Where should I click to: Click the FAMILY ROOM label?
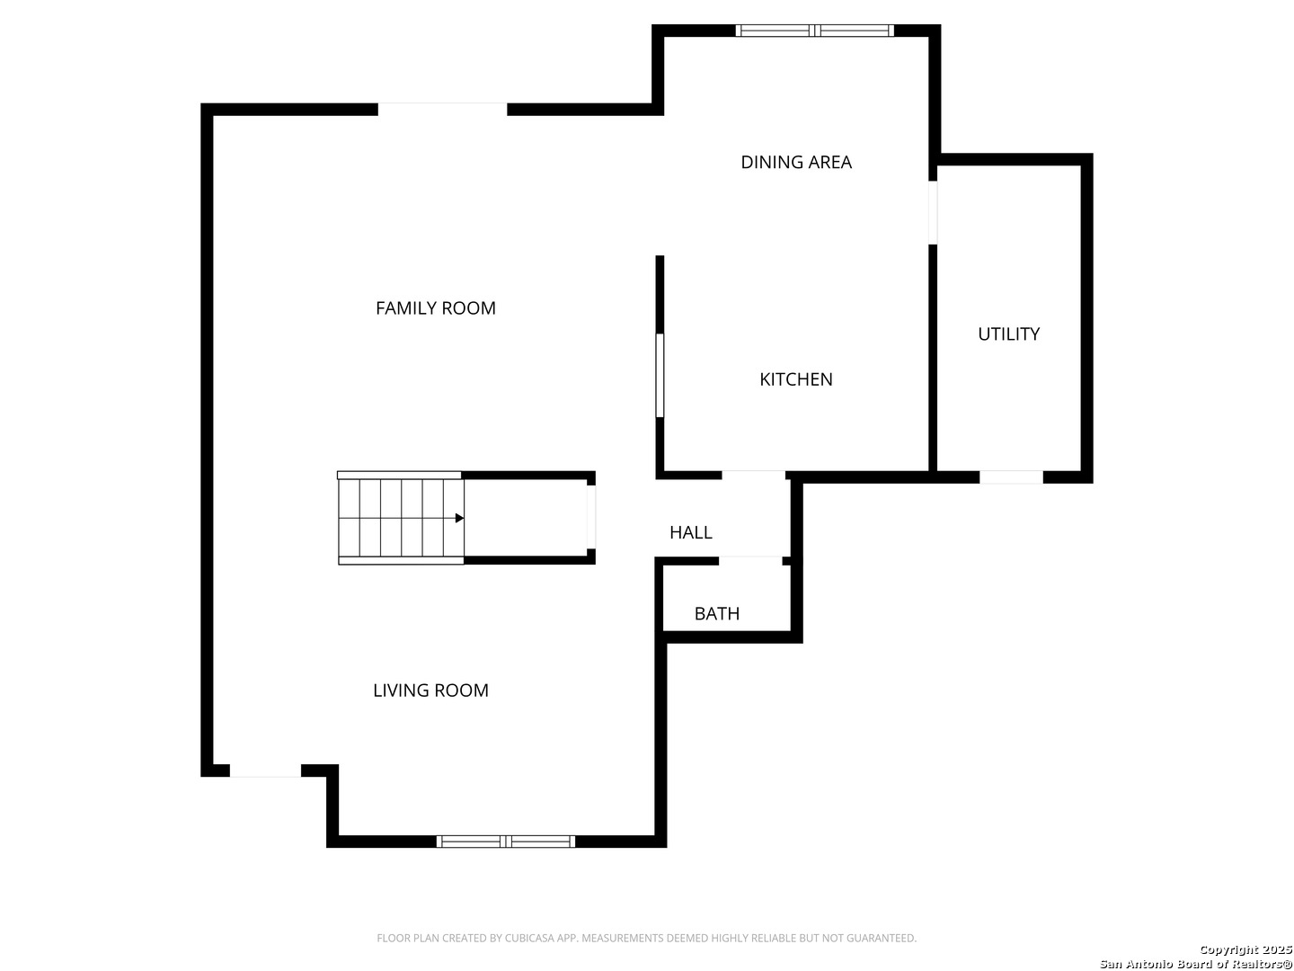[x=436, y=308]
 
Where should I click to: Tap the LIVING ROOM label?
[x=431, y=690]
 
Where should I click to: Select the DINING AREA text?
[x=796, y=162]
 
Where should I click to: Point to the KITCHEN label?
[x=796, y=379]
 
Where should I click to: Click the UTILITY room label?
[x=1008, y=334]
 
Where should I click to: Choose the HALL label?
[x=691, y=532]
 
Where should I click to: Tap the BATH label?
[x=717, y=614]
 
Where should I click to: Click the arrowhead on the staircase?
[x=459, y=518]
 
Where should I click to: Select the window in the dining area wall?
[x=814, y=31]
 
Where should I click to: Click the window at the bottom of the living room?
[x=506, y=842]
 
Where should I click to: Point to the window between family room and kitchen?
[x=660, y=376]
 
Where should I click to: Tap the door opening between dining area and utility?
[x=933, y=212]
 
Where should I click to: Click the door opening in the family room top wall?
[x=442, y=109]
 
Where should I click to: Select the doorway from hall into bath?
[x=749, y=561]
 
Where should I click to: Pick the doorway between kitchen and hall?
[x=753, y=476]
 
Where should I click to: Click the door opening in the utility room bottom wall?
[x=1011, y=477]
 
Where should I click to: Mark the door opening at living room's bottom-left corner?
[x=265, y=771]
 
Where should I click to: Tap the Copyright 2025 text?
[x=1245, y=949]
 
